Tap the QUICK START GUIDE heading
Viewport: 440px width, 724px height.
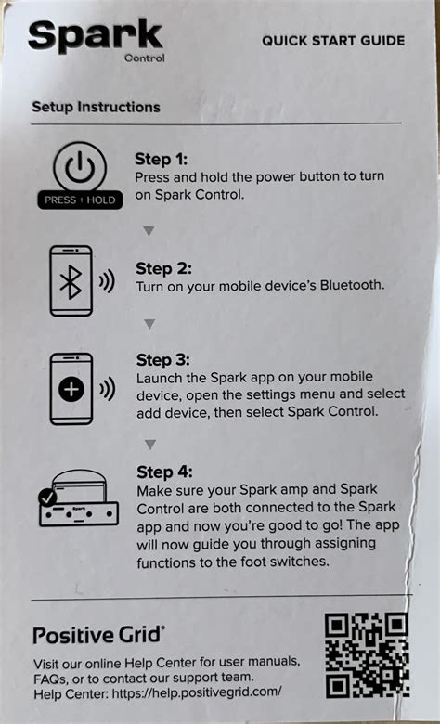(x=332, y=41)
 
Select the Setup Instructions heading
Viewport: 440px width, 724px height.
(x=96, y=107)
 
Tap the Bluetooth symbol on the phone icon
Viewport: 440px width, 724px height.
(x=71, y=283)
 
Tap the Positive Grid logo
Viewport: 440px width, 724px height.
(x=99, y=635)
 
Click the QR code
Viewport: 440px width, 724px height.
(x=366, y=656)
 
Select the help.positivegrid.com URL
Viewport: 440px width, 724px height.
(x=200, y=692)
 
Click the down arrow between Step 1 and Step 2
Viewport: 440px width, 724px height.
(x=149, y=231)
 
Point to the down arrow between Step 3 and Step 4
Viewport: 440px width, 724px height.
(x=149, y=445)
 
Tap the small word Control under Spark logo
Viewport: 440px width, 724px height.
(x=144, y=58)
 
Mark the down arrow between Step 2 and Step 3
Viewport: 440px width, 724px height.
(x=149, y=324)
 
